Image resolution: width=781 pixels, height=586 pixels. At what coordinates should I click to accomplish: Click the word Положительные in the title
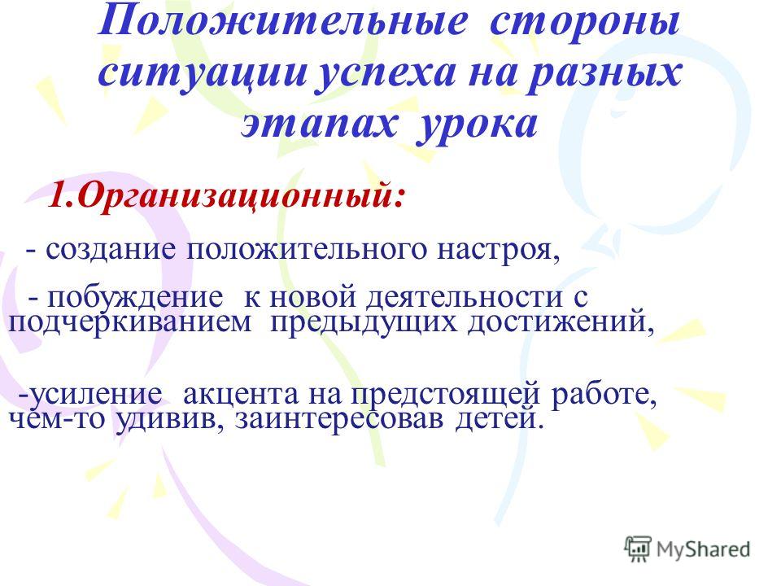(282, 23)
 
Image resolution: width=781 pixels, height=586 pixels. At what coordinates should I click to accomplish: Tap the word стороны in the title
(585, 23)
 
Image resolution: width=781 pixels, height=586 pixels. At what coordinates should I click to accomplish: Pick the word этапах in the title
(319, 124)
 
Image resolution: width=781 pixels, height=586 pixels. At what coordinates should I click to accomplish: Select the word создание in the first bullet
(111, 250)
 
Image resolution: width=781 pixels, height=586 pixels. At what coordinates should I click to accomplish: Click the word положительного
(307, 250)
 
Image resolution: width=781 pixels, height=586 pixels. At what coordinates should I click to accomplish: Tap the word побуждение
(136, 297)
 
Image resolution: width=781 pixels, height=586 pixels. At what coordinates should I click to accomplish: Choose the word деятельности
(463, 298)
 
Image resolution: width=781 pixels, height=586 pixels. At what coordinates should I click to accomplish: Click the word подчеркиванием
(130, 323)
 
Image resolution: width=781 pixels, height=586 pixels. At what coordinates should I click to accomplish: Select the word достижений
(561, 323)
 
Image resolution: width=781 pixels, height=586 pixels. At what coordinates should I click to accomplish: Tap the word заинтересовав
(339, 420)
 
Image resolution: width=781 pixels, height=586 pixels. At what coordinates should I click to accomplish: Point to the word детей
(497, 420)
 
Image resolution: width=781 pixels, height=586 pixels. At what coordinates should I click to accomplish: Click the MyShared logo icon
(638, 549)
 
